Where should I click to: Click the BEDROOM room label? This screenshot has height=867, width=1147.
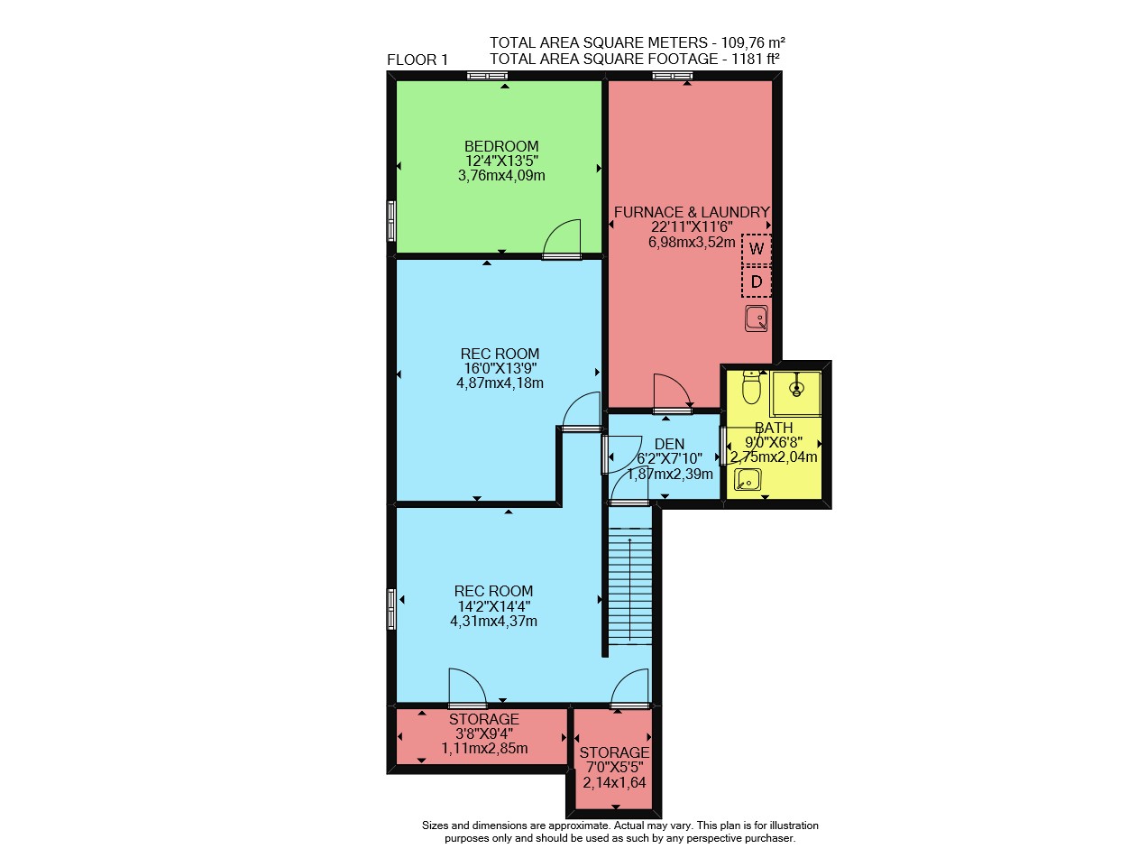pyautogui.click(x=501, y=146)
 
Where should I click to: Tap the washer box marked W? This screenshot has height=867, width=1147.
pyautogui.click(x=757, y=248)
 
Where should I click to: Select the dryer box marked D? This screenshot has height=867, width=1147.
pyautogui.click(x=757, y=281)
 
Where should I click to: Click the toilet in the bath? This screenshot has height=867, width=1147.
pyautogui.click(x=751, y=387)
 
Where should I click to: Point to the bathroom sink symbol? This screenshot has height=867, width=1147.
pyautogui.click(x=748, y=479)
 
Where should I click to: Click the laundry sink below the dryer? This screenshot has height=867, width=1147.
pyautogui.click(x=756, y=318)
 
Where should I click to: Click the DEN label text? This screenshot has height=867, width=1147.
pyautogui.click(x=669, y=444)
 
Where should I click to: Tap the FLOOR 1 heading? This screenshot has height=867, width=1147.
pyautogui.click(x=417, y=60)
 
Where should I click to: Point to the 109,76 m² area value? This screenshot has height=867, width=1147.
pyautogui.click(x=753, y=42)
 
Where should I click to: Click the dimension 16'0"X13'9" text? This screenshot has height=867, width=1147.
pyautogui.click(x=500, y=368)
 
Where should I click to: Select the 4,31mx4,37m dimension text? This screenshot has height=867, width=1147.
pyautogui.click(x=493, y=621)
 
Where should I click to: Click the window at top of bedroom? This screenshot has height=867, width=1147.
pyautogui.click(x=487, y=76)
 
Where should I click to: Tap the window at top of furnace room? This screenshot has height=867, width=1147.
pyautogui.click(x=673, y=76)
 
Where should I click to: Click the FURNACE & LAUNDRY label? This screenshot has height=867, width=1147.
pyautogui.click(x=692, y=212)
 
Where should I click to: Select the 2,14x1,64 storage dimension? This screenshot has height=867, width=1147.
pyautogui.click(x=614, y=782)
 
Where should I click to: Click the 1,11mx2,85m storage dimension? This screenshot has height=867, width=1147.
pyautogui.click(x=484, y=749)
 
